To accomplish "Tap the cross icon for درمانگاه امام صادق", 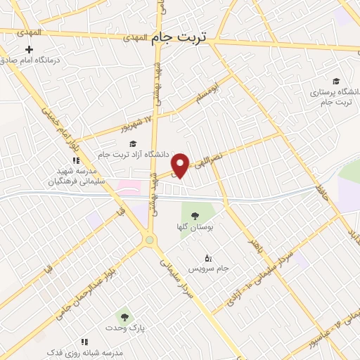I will pos(28,49).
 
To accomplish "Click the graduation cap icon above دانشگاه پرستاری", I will pos(335,81).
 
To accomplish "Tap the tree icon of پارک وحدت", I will pos(124,318).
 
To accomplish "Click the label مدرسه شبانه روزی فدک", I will pos(84,351).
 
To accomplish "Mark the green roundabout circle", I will pos(149,240).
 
